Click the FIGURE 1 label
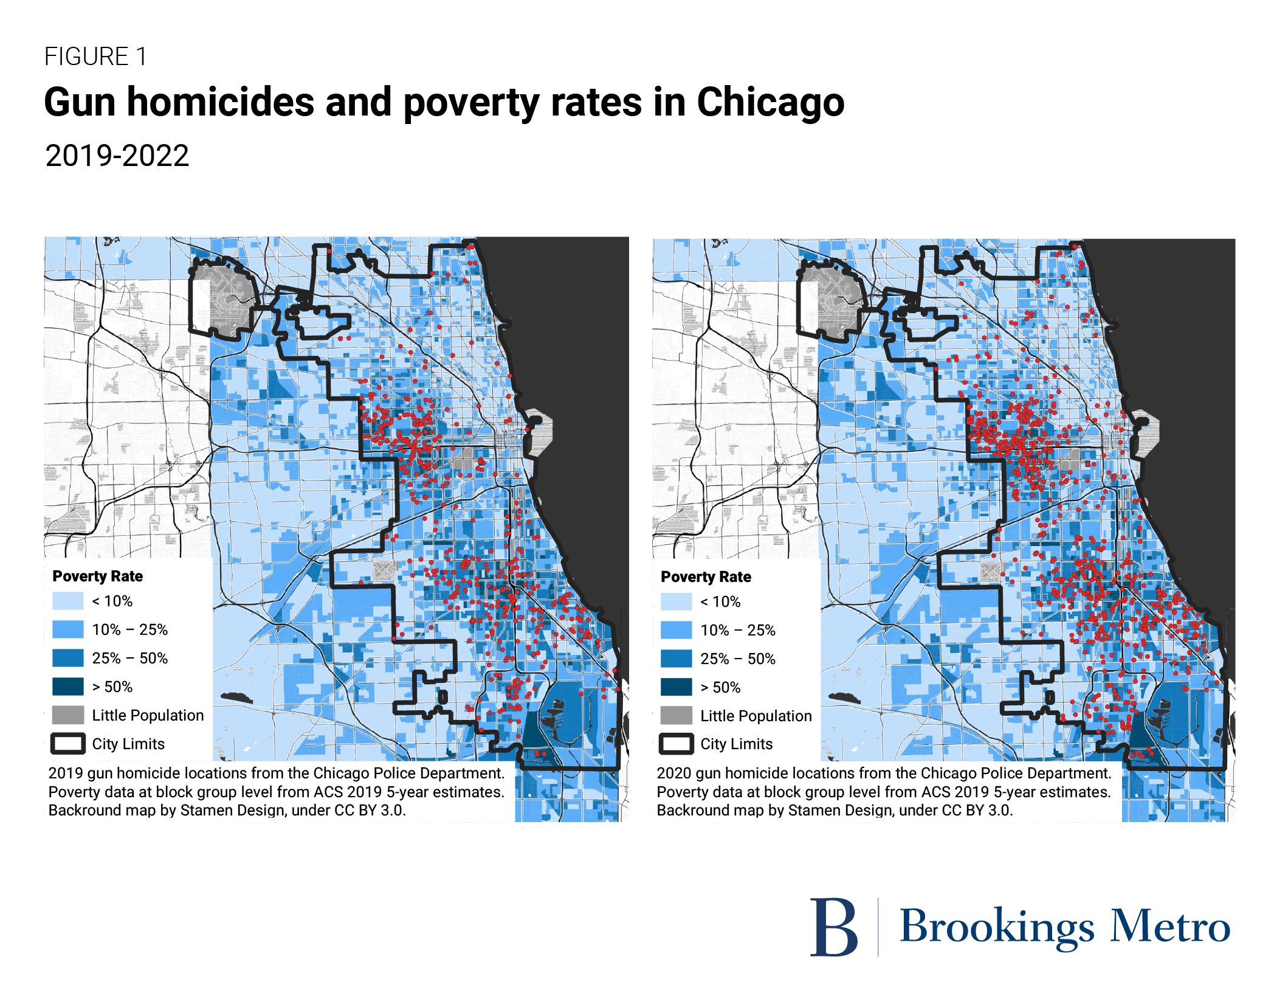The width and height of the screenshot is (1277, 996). click(95, 57)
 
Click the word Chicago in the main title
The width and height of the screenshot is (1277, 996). click(770, 102)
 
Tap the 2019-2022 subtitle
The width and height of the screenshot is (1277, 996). click(117, 156)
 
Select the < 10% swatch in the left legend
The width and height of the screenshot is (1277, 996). click(67, 601)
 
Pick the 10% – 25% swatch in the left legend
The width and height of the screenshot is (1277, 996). click(67, 629)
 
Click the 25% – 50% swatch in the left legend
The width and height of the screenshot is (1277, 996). click(67, 658)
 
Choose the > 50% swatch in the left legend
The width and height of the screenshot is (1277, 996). click(67, 686)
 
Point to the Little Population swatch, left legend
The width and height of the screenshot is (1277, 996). click(67, 715)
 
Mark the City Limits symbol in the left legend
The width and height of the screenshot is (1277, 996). click(67, 744)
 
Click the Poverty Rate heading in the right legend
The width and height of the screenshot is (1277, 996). click(706, 576)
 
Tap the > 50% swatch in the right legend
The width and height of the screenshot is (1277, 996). click(676, 687)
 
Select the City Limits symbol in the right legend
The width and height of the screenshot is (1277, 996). click(676, 744)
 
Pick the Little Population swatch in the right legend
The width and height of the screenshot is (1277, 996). click(676, 716)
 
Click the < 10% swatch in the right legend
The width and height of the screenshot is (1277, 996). click(676, 601)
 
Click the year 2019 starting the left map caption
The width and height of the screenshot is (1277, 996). click(65, 773)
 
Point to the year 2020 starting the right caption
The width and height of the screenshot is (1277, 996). click(673, 773)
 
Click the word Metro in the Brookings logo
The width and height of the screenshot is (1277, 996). click(1170, 927)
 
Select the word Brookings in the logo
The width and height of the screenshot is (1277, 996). click(997, 927)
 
